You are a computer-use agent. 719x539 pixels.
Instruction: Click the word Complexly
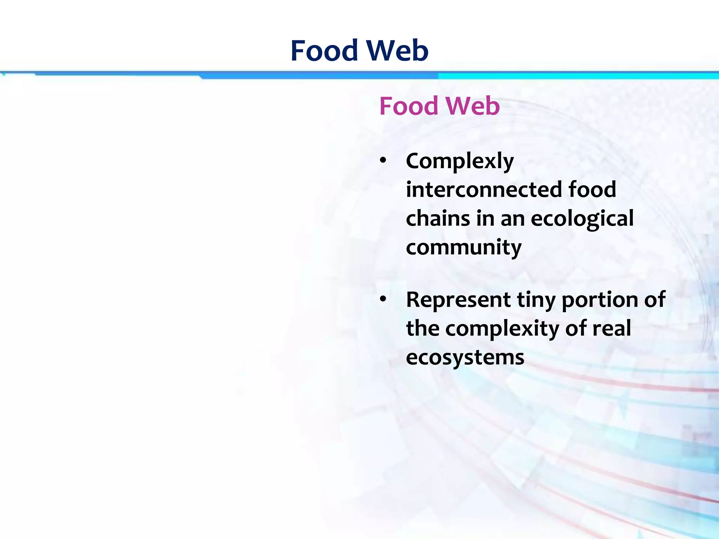tap(460, 162)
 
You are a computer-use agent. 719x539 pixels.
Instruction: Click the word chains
tap(437, 218)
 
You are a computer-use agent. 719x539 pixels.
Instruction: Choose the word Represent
tap(458, 300)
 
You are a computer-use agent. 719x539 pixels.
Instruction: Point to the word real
tap(612, 328)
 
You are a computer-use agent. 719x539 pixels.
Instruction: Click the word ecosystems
tap(465, 358)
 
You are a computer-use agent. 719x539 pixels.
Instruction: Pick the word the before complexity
tap(423, 328)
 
